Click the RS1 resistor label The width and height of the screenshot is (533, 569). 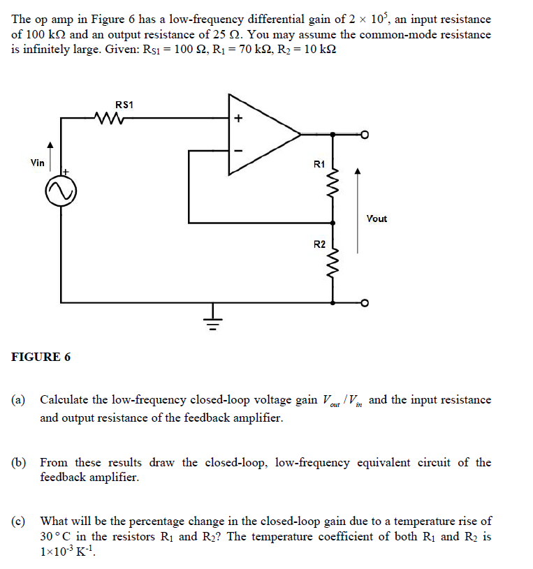click(124, 105)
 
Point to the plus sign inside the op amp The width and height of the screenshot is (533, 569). click(238, 119)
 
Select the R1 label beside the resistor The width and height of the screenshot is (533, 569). click(319, 164)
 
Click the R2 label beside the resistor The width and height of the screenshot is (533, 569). click(319, 244)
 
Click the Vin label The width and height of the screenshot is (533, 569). click(38, 163)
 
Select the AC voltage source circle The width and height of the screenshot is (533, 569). click(61, 191)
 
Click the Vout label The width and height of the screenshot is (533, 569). click(376, 219)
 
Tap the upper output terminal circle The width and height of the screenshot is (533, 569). click(363, 133)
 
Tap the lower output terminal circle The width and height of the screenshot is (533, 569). click(363, 303)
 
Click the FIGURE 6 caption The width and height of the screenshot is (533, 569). click(41, 357)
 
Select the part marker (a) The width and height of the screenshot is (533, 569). click(18, 400)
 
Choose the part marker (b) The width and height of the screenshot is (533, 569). click(18, 462)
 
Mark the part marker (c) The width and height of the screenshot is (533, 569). click(18, 521)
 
